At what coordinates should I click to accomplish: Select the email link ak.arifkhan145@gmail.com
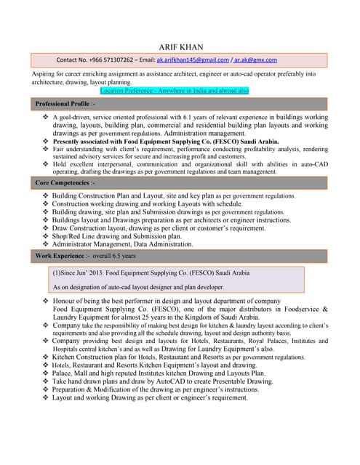point(193,60)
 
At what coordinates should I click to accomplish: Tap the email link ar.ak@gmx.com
point(255,60)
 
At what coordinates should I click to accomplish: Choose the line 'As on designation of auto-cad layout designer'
point(138,287)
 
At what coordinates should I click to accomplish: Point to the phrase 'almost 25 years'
point(161,317)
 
